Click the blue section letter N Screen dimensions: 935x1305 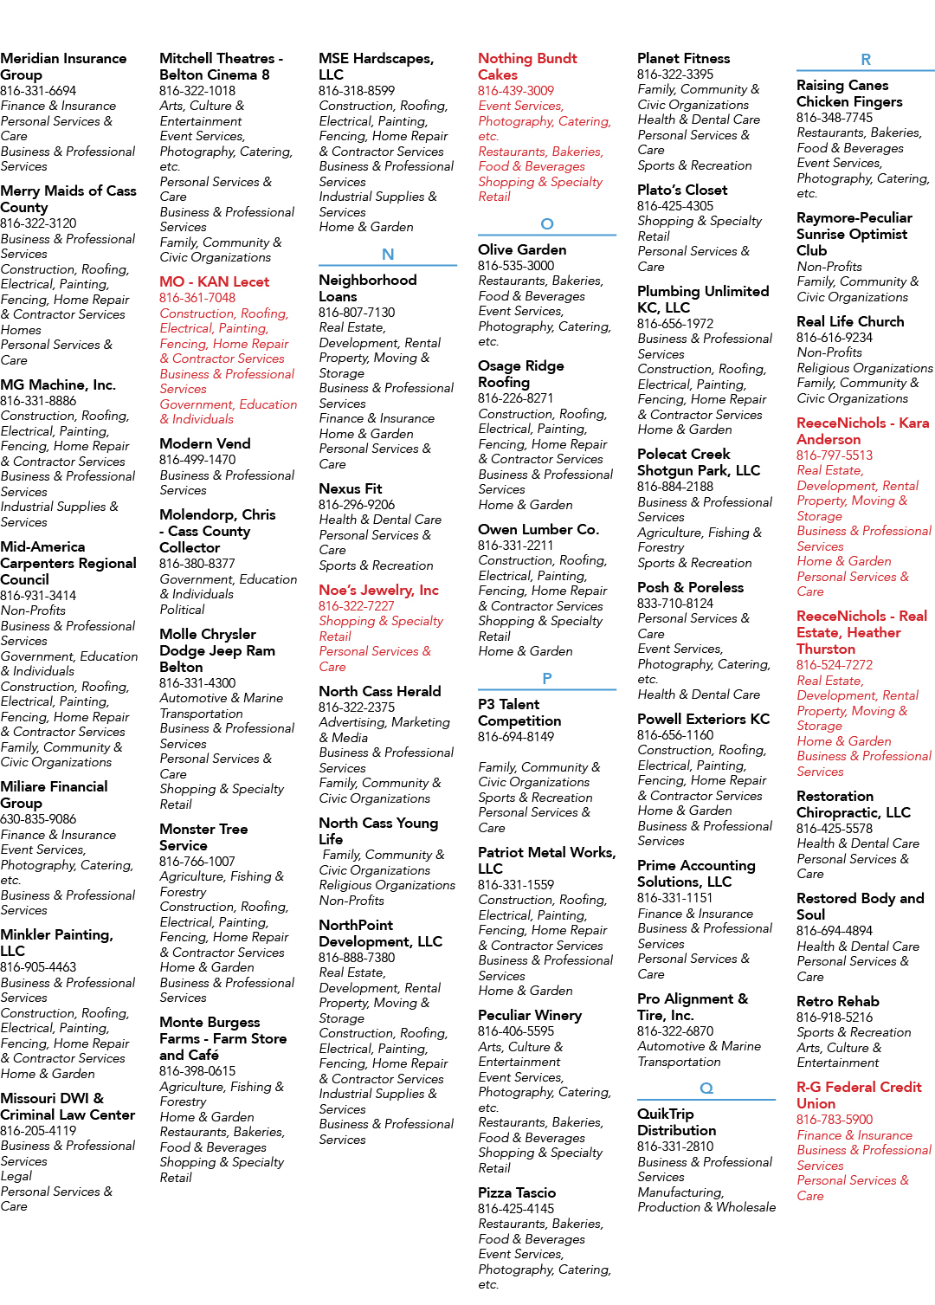(x=388, y=255)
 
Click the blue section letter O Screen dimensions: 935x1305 (x=547, y=223)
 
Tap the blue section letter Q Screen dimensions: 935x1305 (x=706, y=1089)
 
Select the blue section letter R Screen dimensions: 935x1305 (x=866, y=60)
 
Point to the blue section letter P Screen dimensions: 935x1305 (x=547, y=679)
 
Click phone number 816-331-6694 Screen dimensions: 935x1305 (x=38, y=91)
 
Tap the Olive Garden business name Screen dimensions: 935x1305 (x=522, y=250)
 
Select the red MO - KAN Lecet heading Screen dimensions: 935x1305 (x=215, y=282)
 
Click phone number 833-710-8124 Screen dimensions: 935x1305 (x=675, y=604)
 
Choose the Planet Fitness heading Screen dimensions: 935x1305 (x=683, y=58)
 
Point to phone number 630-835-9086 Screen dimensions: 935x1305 (x=38, y=819)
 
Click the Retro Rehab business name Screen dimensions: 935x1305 (x=838, y=1001)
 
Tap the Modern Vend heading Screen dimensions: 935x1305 (x=205, y=444)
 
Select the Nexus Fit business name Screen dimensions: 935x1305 (x=350, y=488)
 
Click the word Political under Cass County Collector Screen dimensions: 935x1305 (x=182, y=610)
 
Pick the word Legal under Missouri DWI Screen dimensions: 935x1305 (x=16, y=1176)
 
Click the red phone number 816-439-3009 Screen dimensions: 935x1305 (x=516, y=91)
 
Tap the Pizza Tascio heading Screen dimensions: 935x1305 (x=517, y=1192)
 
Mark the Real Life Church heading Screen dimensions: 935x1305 (x=850, y=321)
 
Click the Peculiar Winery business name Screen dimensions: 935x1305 (x=530, y=1016)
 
